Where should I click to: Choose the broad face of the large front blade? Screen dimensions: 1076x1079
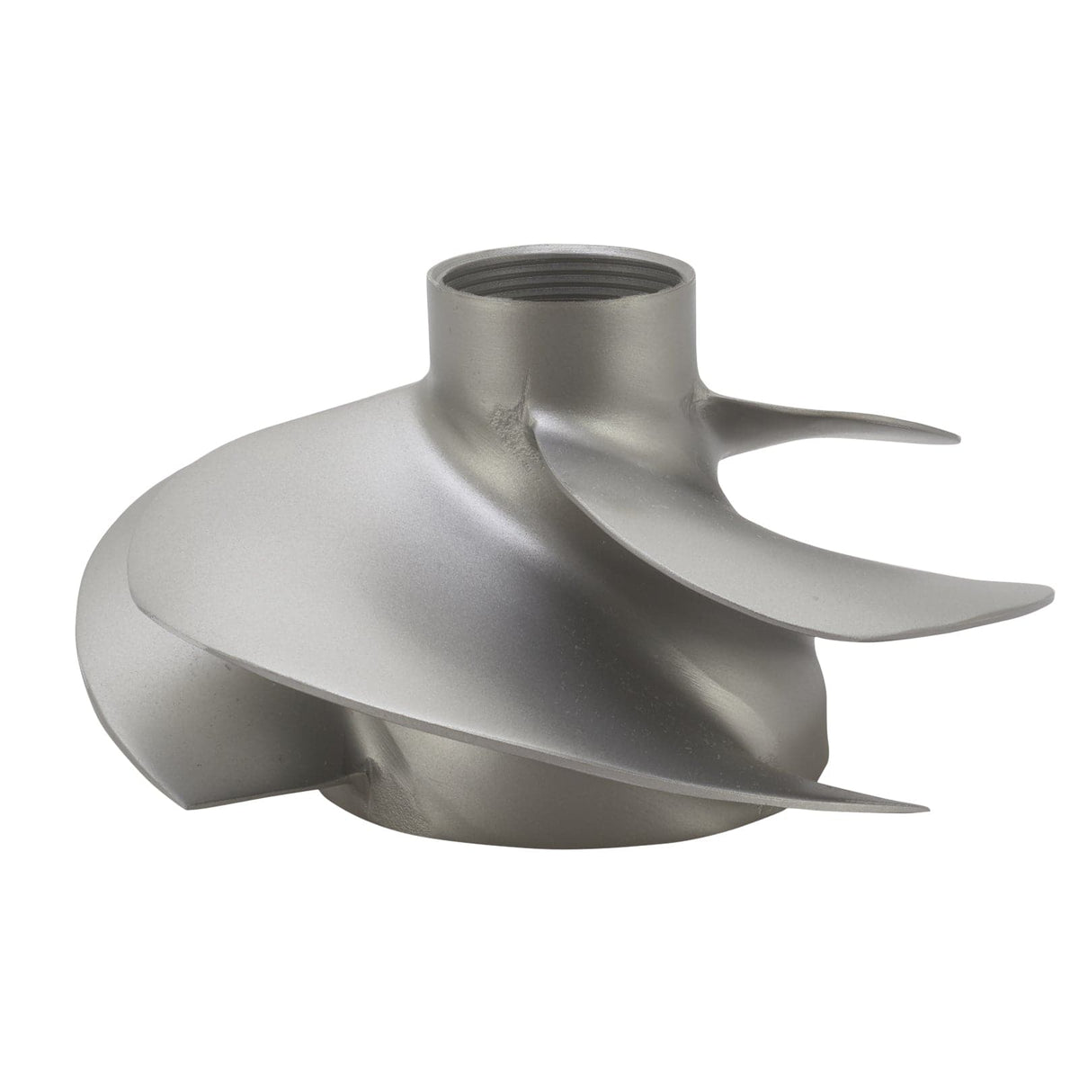click(x=360, y=540)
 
